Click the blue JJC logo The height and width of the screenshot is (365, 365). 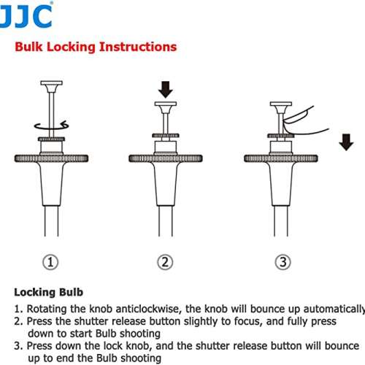point(26,15)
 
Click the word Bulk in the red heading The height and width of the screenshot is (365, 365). point(28,47)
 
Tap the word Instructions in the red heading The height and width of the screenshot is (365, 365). point(138,47)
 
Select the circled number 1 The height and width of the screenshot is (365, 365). point(50,262)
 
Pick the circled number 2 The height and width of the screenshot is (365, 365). point(165,262)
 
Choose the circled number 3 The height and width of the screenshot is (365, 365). point(283,262)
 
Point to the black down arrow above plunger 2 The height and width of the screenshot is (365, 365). point(166,90)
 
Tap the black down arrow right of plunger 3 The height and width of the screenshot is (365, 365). point(346,142)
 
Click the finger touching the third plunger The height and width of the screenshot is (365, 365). point(301,123)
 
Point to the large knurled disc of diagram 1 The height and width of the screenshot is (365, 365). point(51,158)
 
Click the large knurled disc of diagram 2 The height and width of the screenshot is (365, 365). point(166,158)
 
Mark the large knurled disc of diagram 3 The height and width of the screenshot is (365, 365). point(281,158)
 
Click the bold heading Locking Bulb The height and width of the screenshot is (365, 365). point(49,292)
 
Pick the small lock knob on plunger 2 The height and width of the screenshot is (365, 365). point(166,136)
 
